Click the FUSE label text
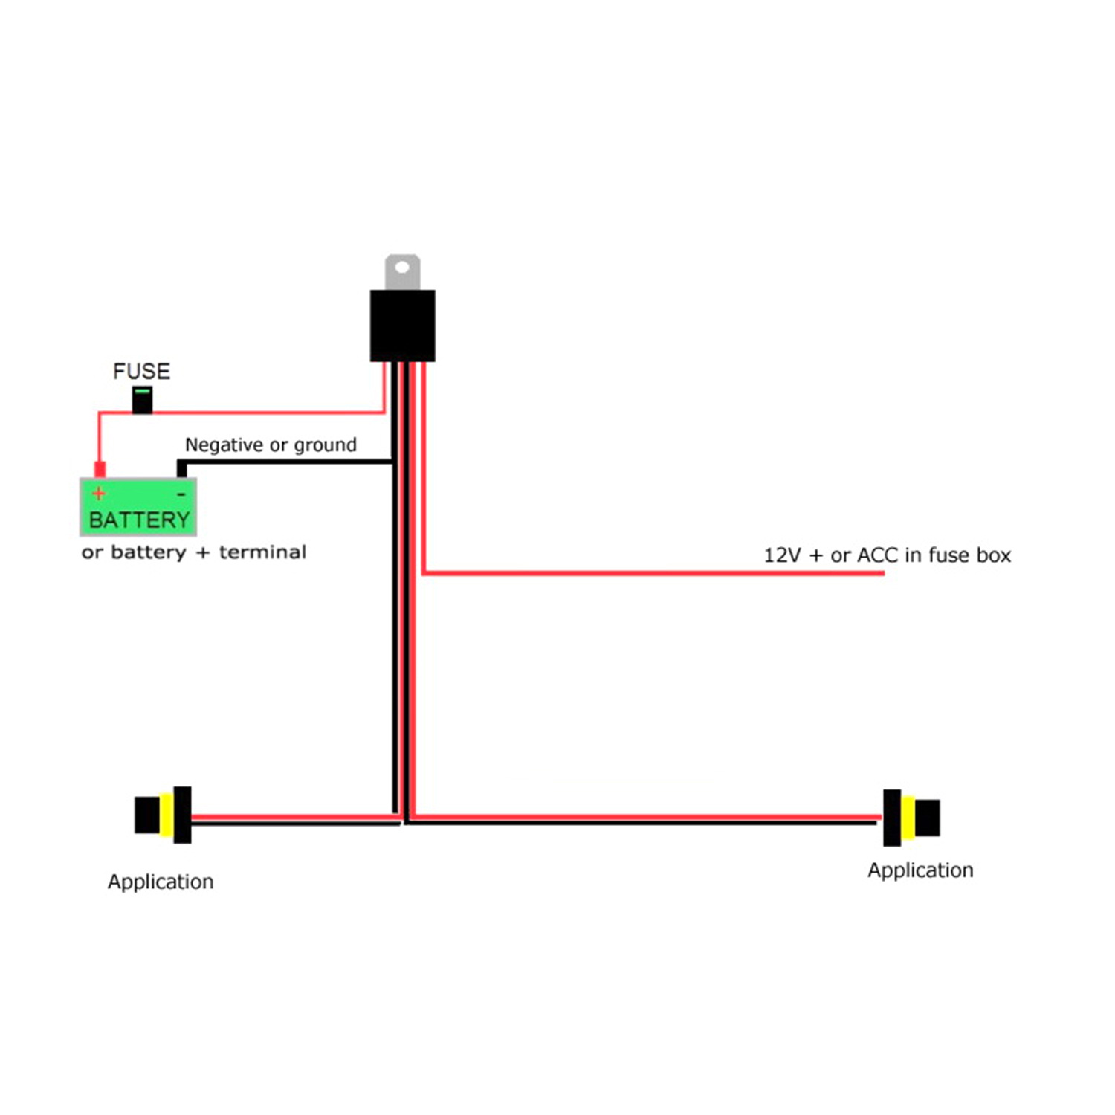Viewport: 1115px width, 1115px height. (141, 371)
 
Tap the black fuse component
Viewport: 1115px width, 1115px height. (142, 400)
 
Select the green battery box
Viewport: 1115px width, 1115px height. (138, 507)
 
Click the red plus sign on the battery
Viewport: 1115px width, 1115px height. (99, 493)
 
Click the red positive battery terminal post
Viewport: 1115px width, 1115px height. (100, 469)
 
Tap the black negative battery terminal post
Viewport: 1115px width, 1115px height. (181, 468)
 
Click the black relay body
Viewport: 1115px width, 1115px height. (402, 326)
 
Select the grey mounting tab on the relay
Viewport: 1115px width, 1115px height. (402, 273)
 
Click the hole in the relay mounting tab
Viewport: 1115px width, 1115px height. (402, 267)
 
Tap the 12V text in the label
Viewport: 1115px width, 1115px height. (781, 555)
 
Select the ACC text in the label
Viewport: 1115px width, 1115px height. (877, 555)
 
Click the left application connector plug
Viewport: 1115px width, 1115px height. (163, 815)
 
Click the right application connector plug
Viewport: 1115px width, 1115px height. (911, 818)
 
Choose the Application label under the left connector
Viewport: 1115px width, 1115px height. (161, 882)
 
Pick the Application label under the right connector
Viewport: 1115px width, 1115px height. (920, 870)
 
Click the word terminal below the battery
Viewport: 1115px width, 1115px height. (262, 552)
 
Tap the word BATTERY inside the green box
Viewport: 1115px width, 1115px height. (139, 520)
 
